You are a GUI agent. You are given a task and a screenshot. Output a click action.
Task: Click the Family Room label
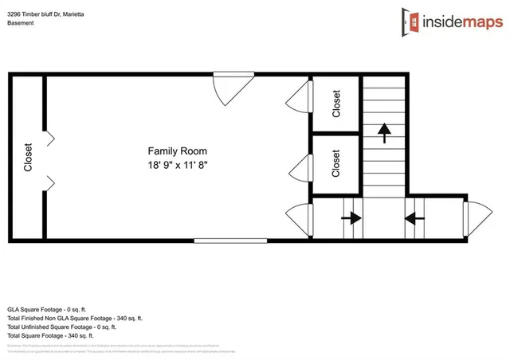(x=177, y=151)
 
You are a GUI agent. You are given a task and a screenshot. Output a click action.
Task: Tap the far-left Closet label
(x=29, y=157)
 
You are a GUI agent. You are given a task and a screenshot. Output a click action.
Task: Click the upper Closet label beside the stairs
(x=336, y=104)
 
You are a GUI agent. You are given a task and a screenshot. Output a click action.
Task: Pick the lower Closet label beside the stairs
(x=336, y=164)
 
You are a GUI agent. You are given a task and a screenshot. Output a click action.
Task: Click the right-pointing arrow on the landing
(x=351, y=217)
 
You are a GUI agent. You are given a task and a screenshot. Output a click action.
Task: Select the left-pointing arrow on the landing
(x=414, y=217)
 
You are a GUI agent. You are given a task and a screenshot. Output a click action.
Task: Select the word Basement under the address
(x=21, y=23)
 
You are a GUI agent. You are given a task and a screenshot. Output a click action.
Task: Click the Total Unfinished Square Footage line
(x=62, y=327)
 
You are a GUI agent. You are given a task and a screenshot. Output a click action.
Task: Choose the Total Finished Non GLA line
(x=74, y=318)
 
